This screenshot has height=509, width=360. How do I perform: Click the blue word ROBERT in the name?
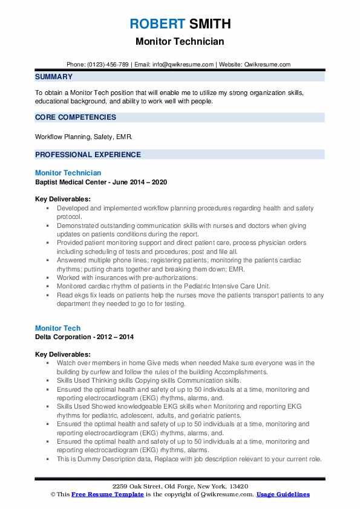tap(156, 24)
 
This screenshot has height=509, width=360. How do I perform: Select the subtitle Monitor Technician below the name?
tap(180, 42)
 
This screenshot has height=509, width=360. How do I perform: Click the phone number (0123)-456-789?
tap(107, 64)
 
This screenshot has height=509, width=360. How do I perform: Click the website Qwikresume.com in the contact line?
tap(267, 64)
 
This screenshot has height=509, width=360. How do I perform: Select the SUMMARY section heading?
tap(54, 77)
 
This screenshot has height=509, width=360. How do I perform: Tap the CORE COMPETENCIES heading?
tap(76, 117)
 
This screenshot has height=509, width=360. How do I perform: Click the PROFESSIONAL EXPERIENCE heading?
tap(88, 155)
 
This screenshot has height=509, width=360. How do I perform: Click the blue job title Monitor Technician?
tap(68, 173)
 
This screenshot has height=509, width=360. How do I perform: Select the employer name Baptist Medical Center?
tap(74, 182)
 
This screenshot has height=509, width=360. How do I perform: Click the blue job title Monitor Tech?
tap(57, 328)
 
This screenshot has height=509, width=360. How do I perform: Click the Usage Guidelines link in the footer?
tap(283, 494)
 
